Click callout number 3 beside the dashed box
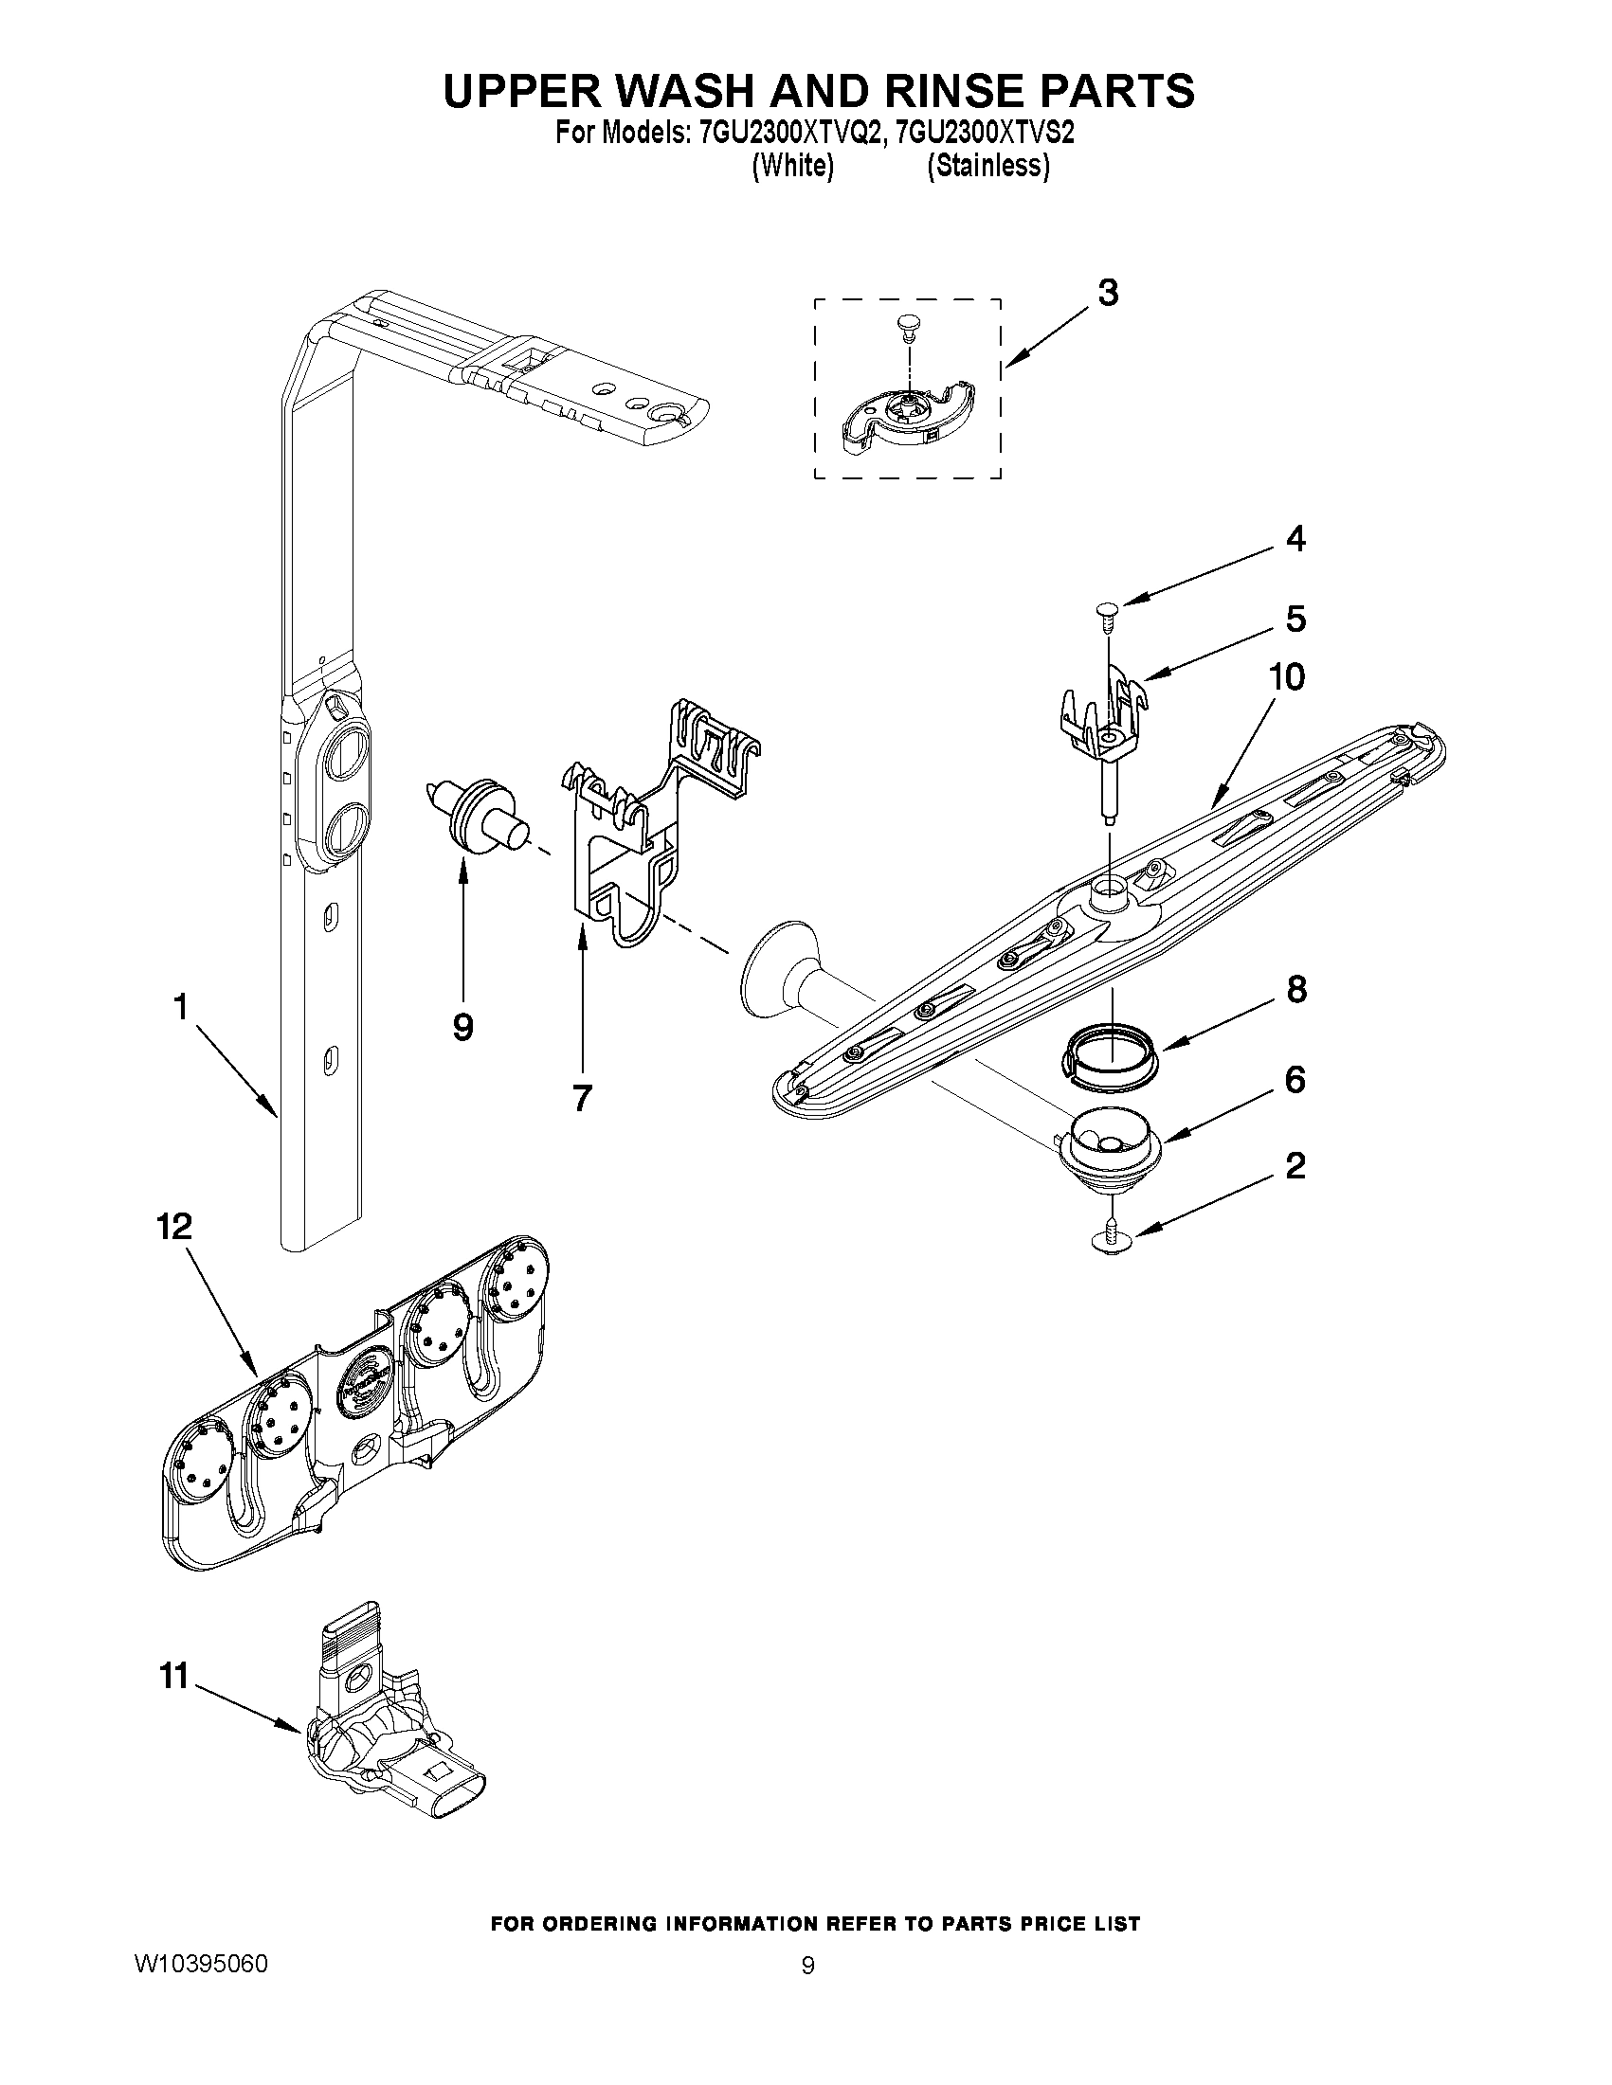[x=1107, y=294]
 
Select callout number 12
[x=174, y=1227]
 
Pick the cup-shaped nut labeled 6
[x=1107, y=1144]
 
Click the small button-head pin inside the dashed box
[x=905, y=328]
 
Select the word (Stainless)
[x=988, y=166]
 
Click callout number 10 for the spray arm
[x=1286, y=678]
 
